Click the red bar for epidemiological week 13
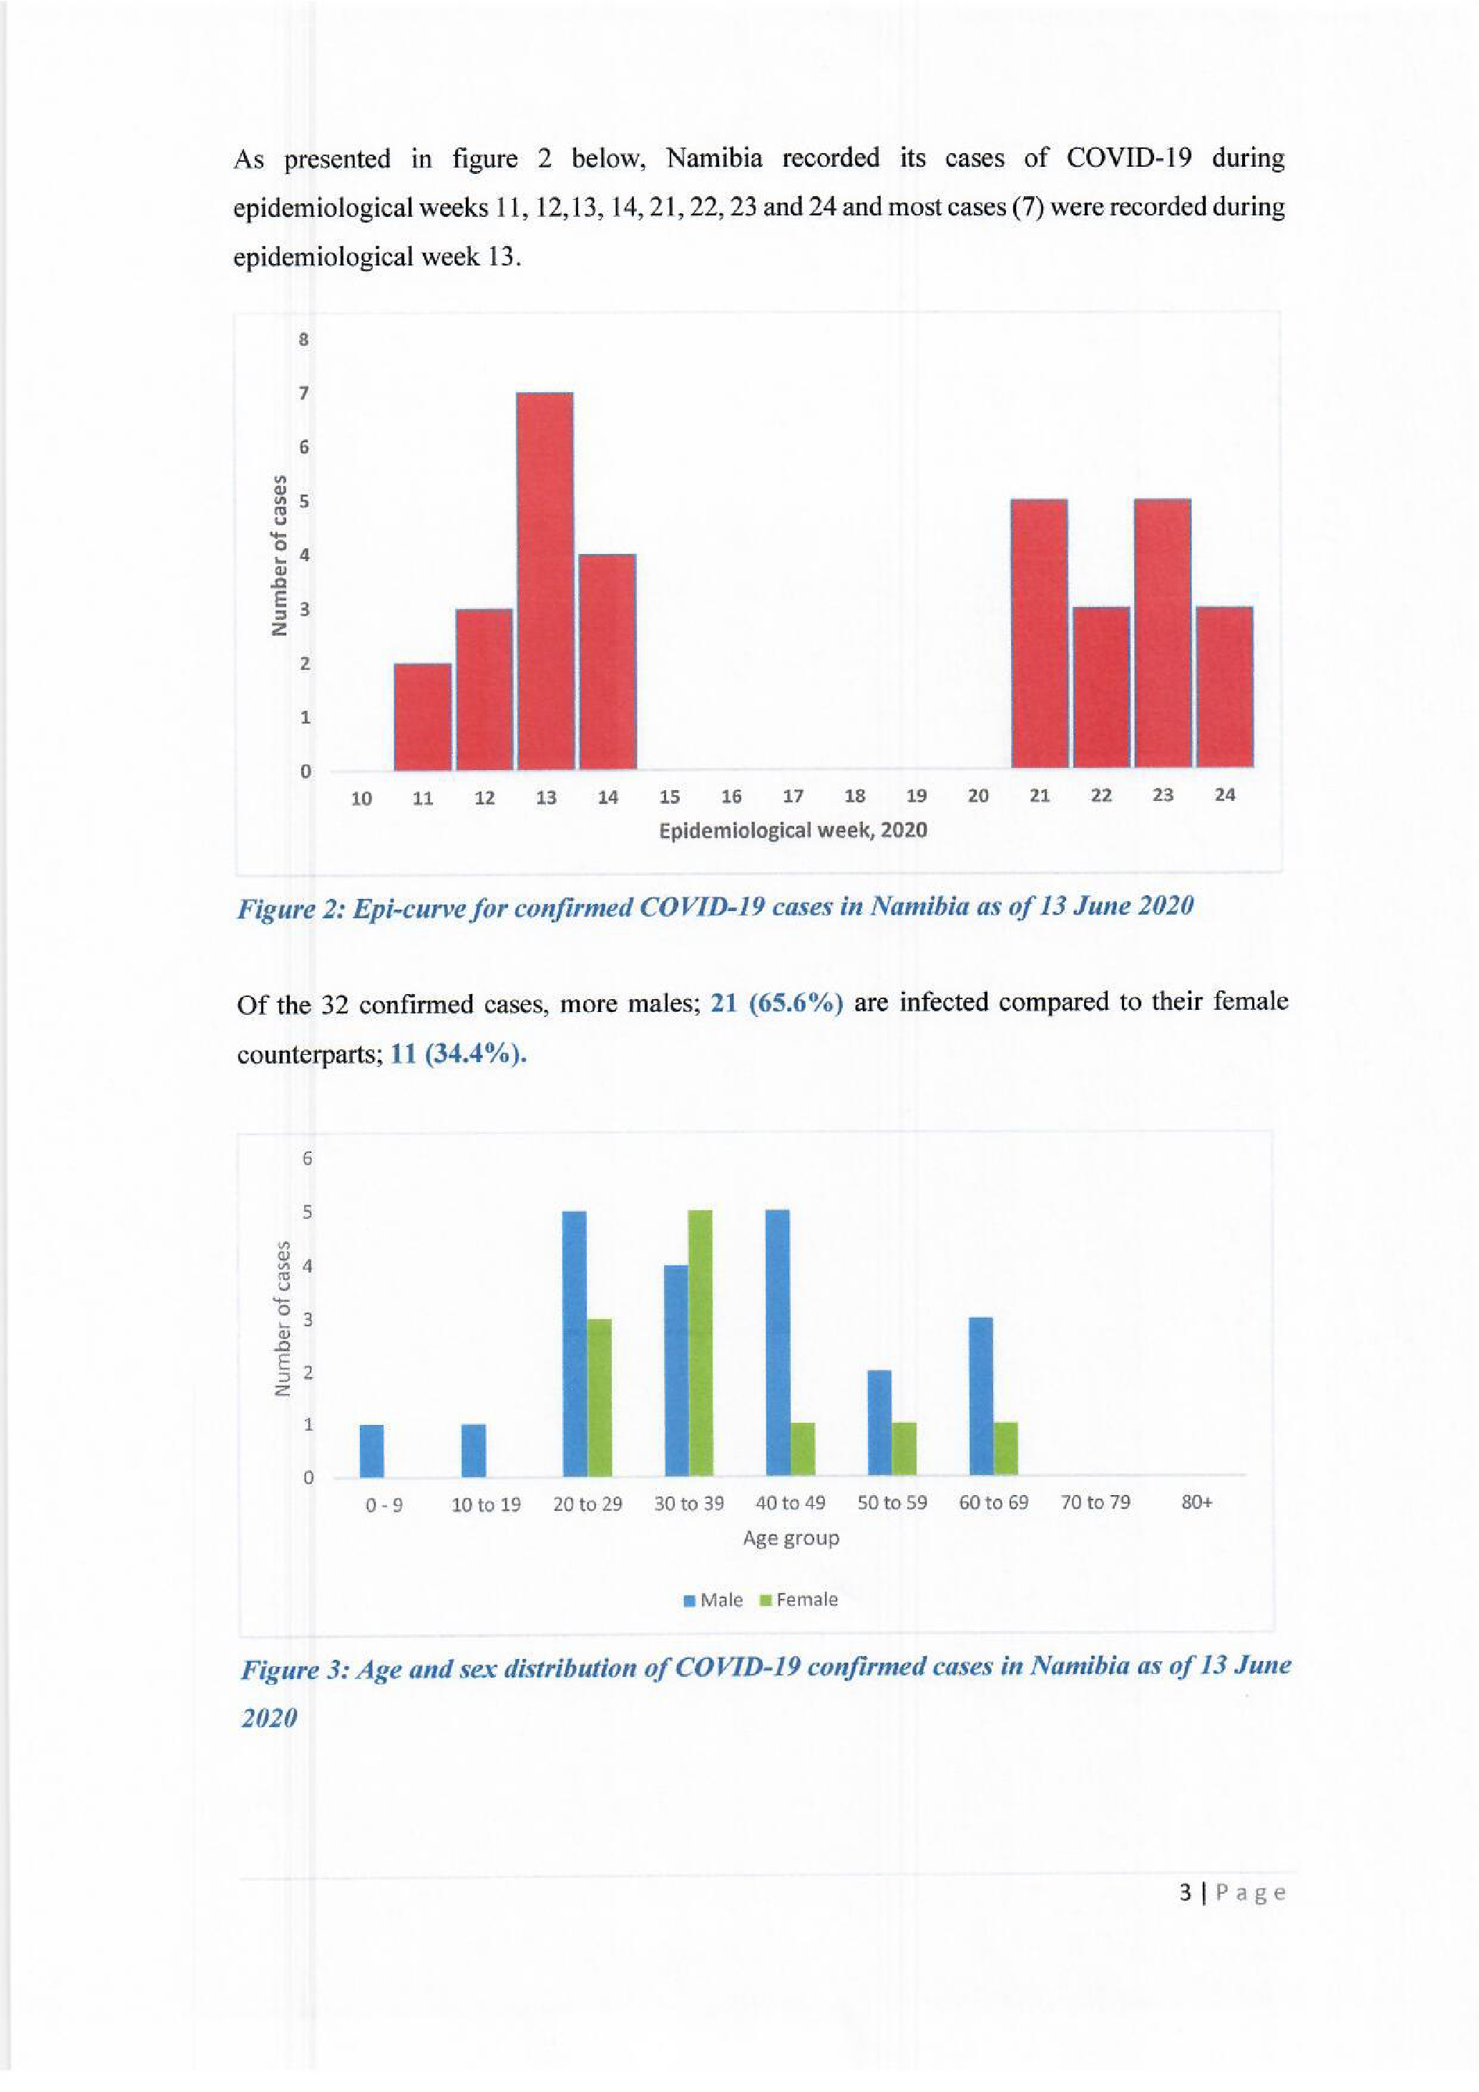point(545,580)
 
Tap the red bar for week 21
point(1039,633)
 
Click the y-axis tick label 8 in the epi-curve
point(304,340)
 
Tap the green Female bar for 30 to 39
point(698,1343)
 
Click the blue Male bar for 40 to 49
point(777,1343)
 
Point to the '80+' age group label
point(1196,1502)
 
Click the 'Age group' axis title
point(791,1538)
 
